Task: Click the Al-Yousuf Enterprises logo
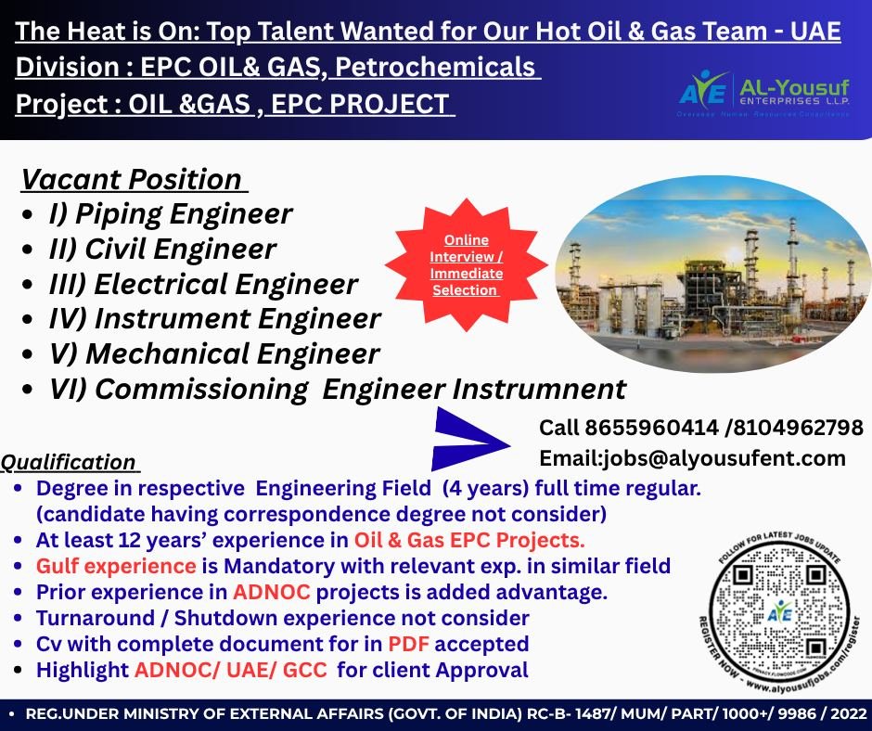[x=763, y=93]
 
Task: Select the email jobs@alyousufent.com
[x=692, y=457]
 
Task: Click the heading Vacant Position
[x=131, y=178]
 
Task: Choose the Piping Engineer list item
[x=171, y=214]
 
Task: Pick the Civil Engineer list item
[x=162, y=249]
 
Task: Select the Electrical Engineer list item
[x=203, y=284]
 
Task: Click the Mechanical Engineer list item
[x=214, y=353]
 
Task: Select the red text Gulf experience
[x=116, y=565]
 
